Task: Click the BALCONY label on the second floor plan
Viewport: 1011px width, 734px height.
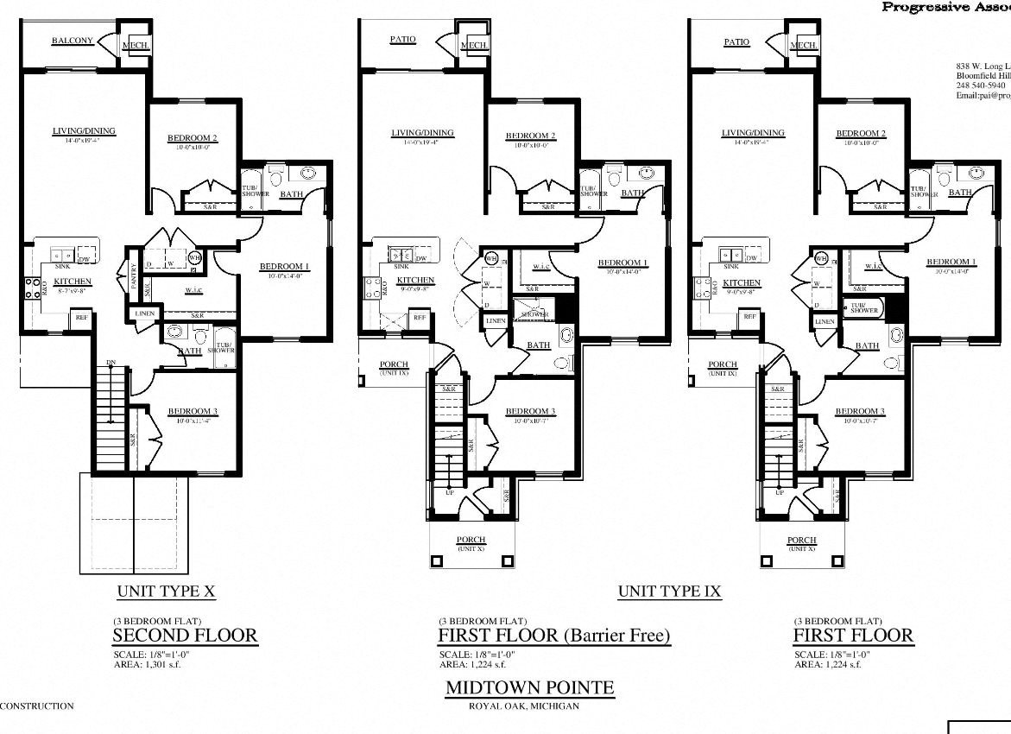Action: (x=73, y=41)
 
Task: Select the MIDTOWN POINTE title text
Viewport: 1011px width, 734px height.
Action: (x=529, y=687)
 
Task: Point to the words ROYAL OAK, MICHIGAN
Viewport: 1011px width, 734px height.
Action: (x=523, y=706)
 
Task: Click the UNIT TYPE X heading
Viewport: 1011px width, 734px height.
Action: (x=166, y=592)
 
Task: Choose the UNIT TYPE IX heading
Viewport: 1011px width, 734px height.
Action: (x=669, y=592)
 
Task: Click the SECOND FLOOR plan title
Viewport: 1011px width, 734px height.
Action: (x=185, y=636)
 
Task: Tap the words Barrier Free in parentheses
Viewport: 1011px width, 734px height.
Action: (x=616, y=636)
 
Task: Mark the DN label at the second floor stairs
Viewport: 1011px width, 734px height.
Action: (x=111, y=363)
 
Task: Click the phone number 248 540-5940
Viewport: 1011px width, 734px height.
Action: (x=980, y=85)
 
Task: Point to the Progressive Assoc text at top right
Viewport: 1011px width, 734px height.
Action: (x=945, y=7)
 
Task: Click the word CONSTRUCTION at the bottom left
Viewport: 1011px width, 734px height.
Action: (x=37, y=706)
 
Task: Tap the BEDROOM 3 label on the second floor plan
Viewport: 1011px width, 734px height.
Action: (x=192, y=410)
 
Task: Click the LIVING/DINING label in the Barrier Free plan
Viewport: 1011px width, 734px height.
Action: (x=422, y=133)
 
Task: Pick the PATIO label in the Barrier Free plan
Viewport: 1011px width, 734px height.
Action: (x=402, y=40)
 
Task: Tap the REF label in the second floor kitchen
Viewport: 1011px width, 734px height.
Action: (x=82, y=318)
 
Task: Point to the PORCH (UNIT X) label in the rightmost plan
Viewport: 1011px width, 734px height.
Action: (x=800, y=543)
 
